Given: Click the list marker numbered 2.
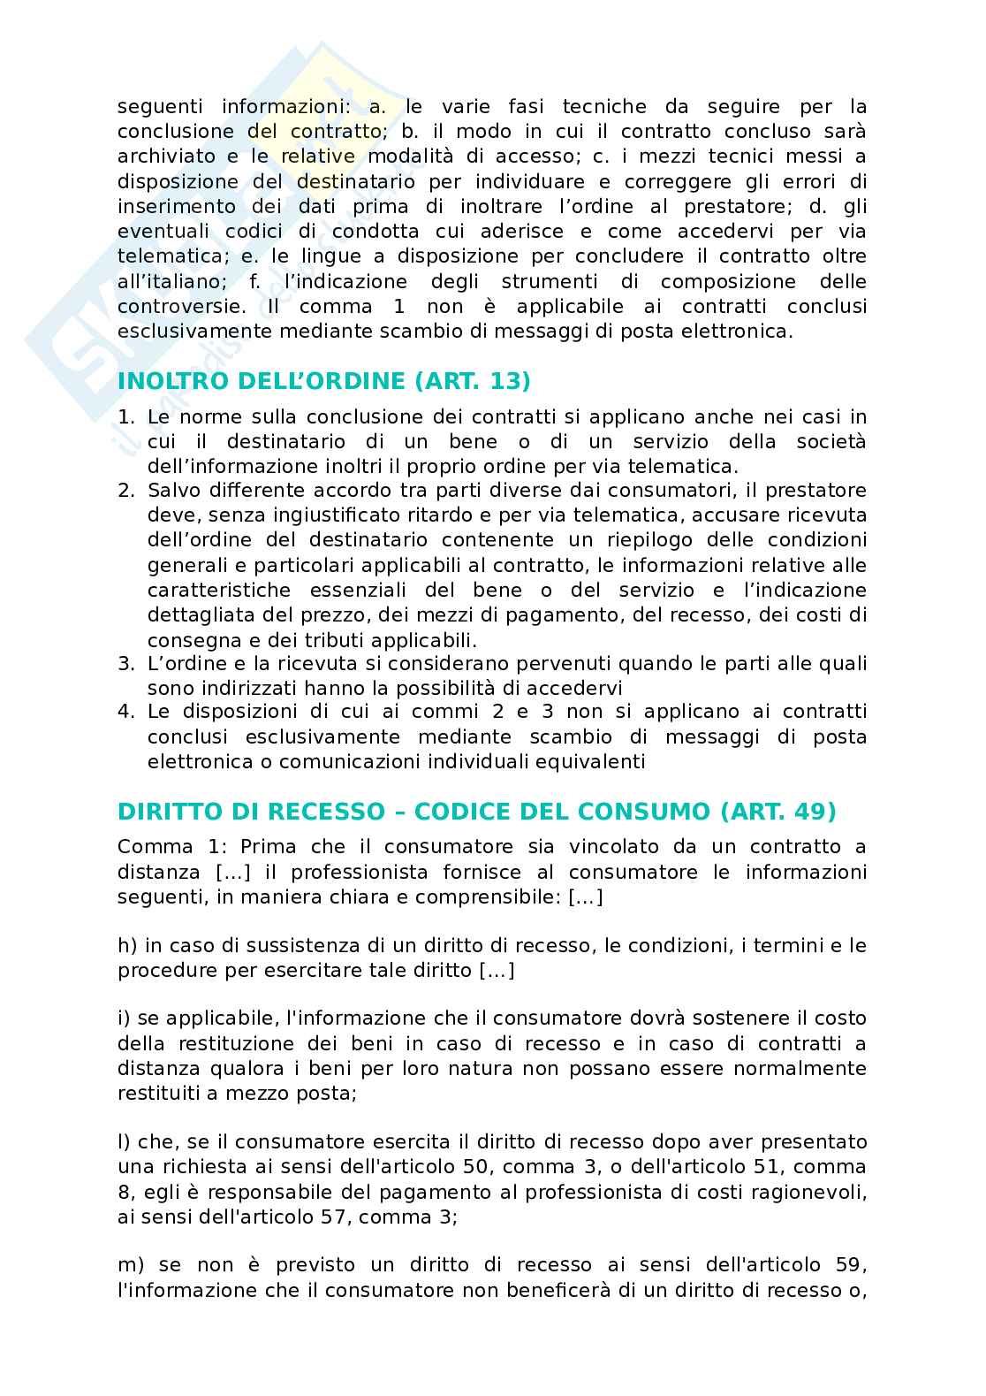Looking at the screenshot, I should coord(125,490).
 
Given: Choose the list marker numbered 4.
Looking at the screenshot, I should coord(125,712).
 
